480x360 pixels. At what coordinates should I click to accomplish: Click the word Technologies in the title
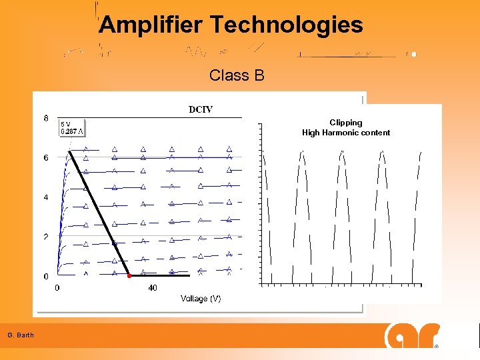click(287, 25)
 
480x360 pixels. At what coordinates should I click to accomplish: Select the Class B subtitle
click(237, 75)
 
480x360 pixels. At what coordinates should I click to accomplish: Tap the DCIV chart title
click(200, 109)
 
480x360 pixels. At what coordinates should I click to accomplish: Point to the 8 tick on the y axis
click(46, 119)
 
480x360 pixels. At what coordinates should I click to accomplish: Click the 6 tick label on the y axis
click(46, 158)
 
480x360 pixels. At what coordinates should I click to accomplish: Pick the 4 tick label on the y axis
click(46, 197)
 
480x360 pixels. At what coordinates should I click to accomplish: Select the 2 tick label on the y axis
click(46, 237)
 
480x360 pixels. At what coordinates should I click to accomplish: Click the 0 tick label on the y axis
click(46, 276)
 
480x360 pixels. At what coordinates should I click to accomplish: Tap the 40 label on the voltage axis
click(153, 288)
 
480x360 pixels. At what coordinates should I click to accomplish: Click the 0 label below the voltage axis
click(57, 288)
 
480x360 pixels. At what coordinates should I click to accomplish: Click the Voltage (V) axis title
click(201, 299)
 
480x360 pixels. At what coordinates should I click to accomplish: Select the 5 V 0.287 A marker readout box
click(73, 127)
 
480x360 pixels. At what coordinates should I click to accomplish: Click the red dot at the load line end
click(129, 275)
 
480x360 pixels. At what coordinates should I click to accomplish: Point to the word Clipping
click(345, 123)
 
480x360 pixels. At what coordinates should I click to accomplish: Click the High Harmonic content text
click(345, 133)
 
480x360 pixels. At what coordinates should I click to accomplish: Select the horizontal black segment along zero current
click(160, 275)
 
